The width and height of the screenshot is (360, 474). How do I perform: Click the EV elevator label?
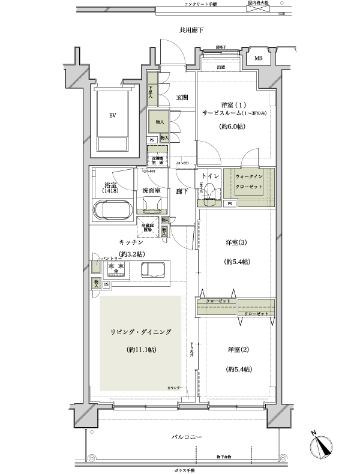point(112,116)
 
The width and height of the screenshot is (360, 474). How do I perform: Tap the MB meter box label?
point(258,58)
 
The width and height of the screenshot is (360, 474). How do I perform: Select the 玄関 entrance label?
point(182,97)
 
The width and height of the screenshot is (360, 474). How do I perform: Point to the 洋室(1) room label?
point(224,104)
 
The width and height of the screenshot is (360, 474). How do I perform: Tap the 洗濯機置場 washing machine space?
point(158,161)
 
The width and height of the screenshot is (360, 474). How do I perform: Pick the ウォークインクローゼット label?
point(248,182)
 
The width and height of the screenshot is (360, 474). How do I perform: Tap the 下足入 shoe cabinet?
point(152,91)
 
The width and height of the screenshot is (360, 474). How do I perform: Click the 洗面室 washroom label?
point(151,191)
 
